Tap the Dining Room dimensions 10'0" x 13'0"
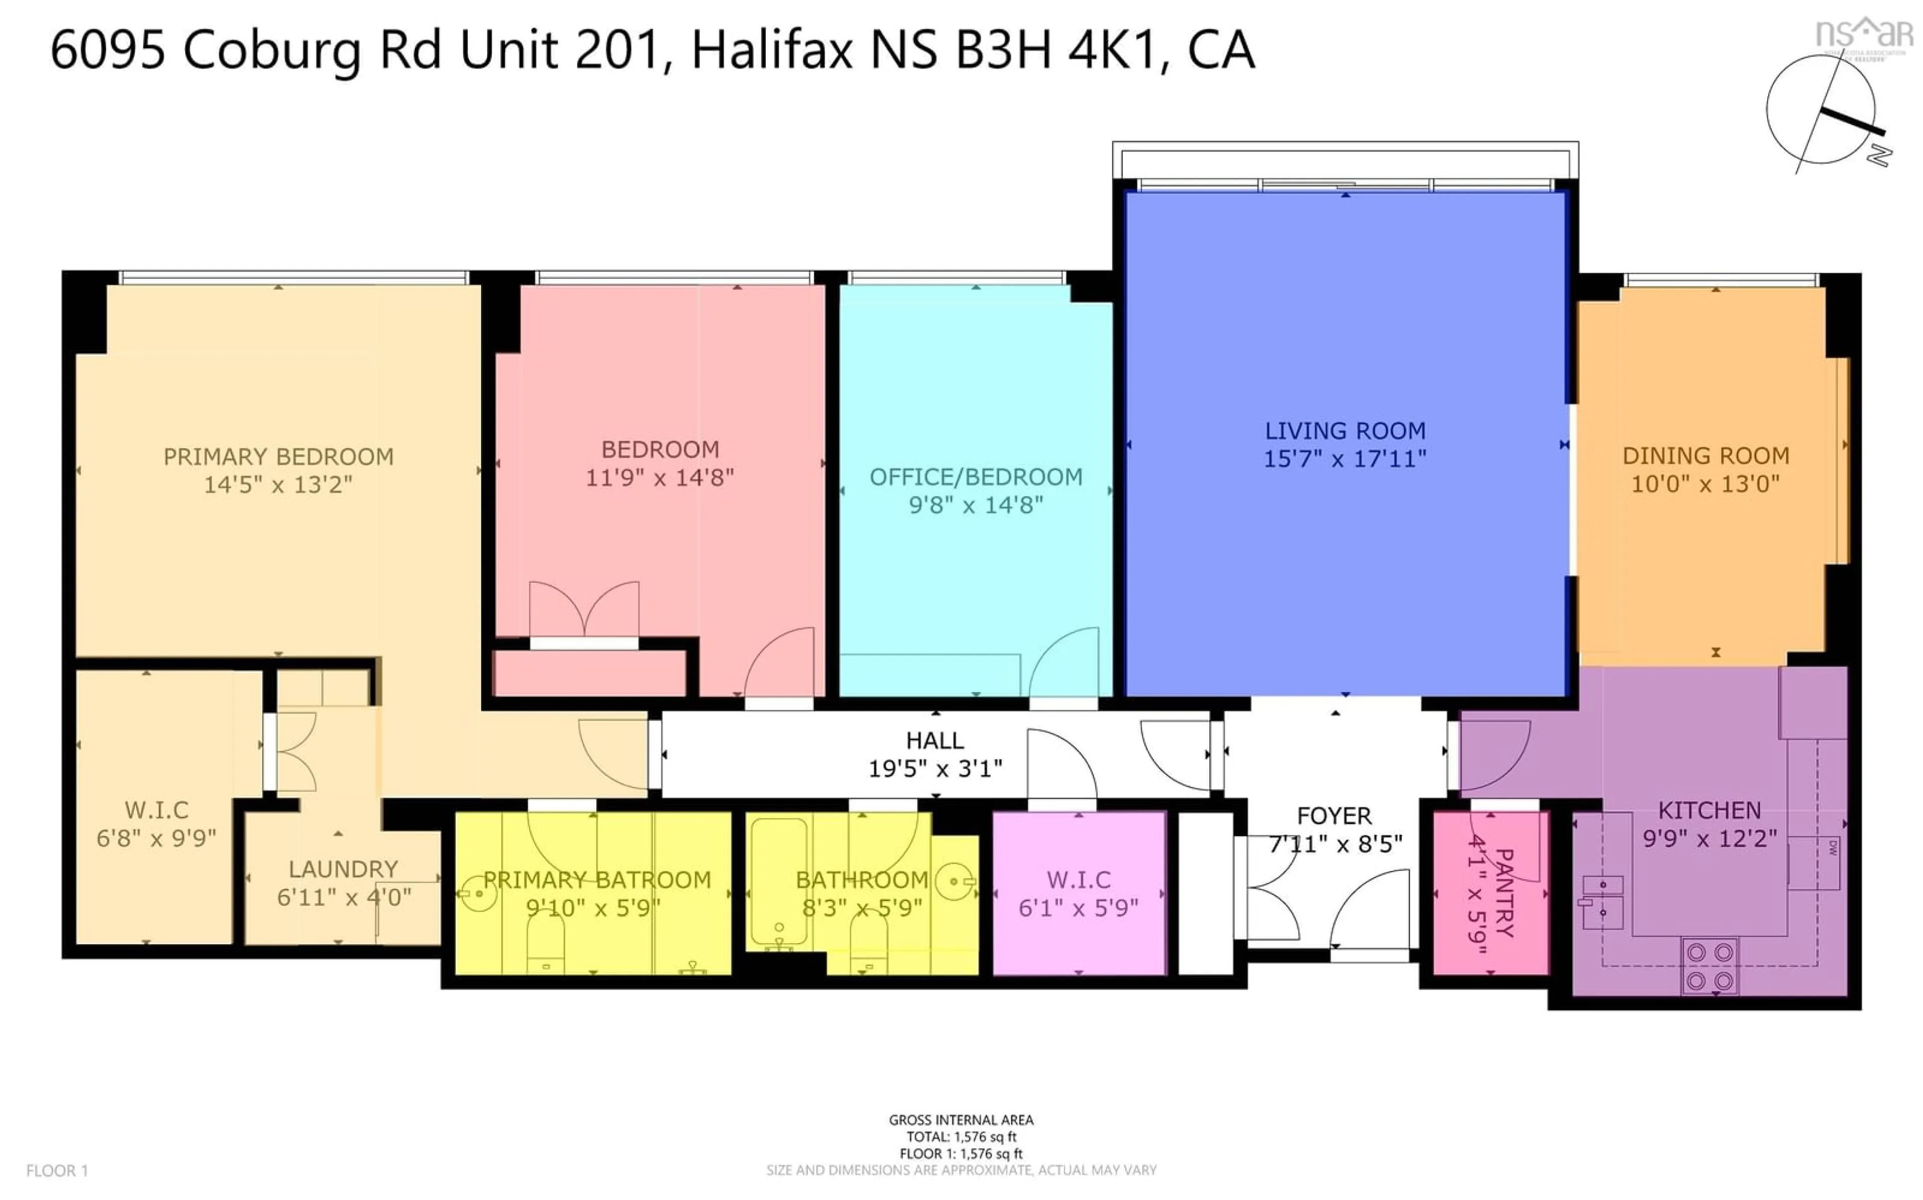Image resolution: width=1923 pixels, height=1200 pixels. click(1705, 483)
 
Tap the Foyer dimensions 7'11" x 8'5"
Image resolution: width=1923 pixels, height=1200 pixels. click(1336, 844)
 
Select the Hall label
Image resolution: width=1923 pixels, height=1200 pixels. click(934, 741)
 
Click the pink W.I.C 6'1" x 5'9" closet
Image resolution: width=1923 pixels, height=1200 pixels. click(1078, 893)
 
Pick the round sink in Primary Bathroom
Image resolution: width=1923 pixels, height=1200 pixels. click(478, 894)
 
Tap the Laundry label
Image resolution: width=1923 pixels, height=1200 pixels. click(343, 869)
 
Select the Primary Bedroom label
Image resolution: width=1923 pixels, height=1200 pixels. click(278, 457)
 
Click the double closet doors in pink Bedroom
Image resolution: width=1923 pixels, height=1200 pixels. click(583, 611)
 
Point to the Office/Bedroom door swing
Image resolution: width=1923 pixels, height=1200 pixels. click(1064, 663)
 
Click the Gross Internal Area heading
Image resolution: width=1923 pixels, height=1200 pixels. click(960, 1120)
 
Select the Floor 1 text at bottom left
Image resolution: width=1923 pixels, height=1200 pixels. click(57, 1170)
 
